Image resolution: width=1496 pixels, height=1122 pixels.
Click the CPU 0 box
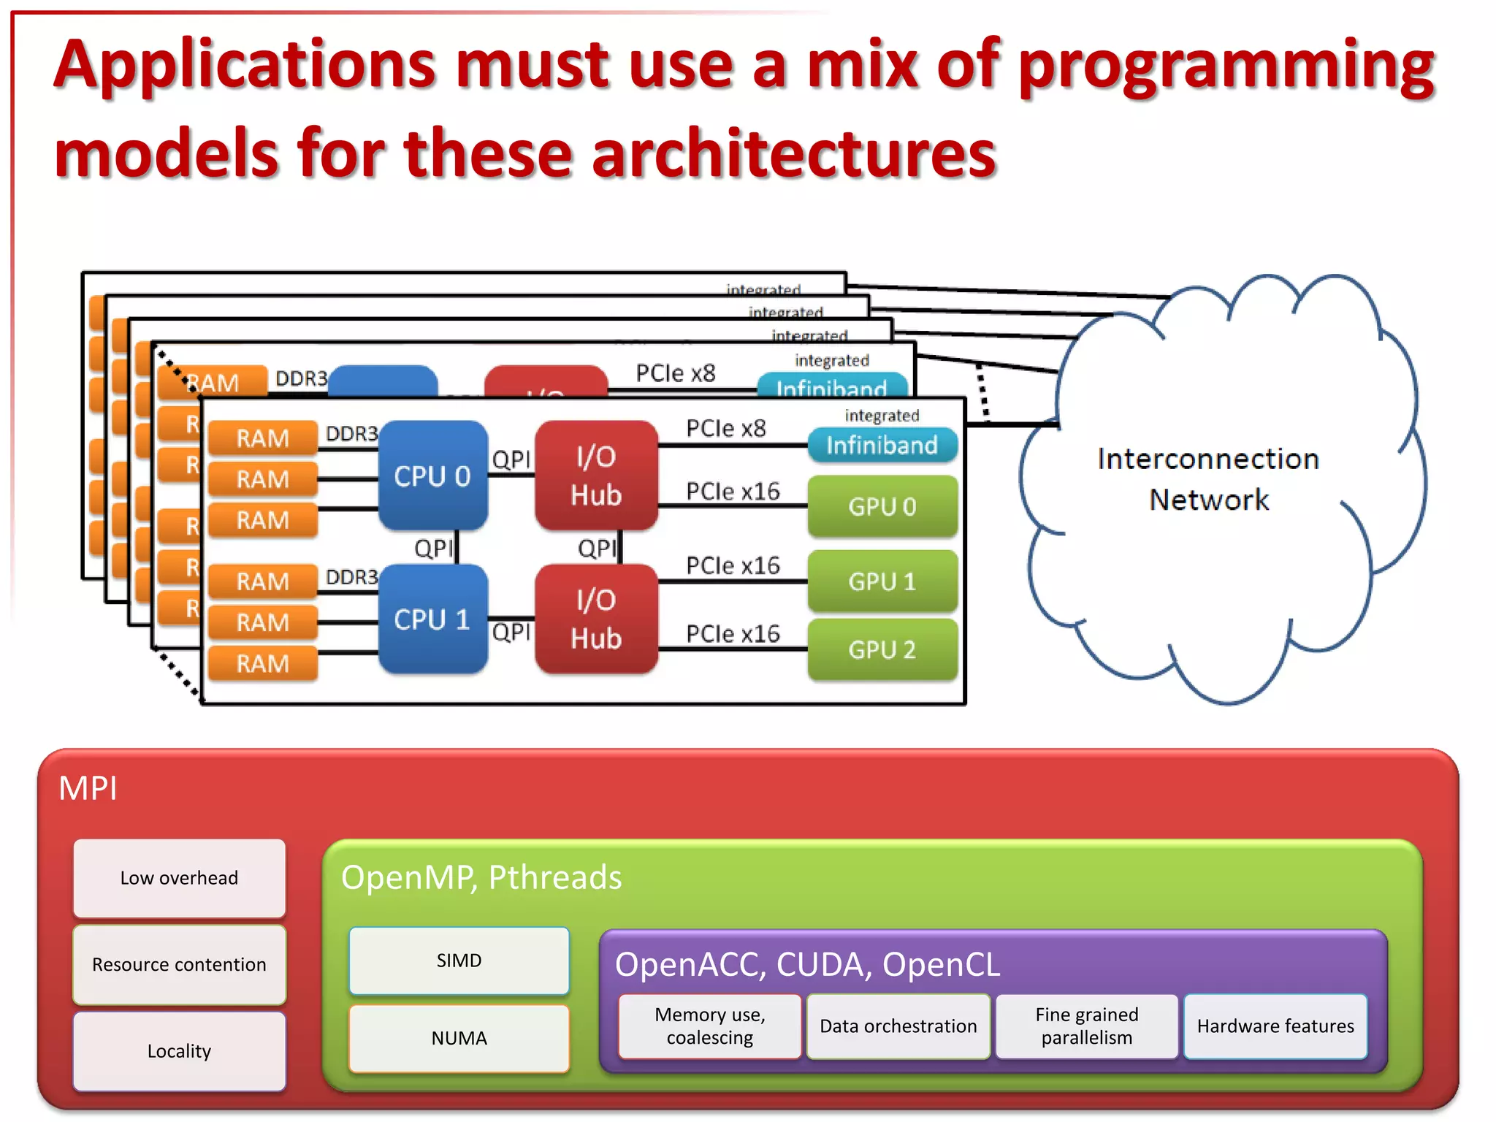[432, 476]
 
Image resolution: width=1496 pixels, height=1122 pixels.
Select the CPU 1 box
[432, 619]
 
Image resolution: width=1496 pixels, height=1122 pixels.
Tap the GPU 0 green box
[882, 505]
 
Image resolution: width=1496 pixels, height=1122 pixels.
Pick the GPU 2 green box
[882, 649]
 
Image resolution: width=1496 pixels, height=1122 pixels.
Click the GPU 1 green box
[882, 581]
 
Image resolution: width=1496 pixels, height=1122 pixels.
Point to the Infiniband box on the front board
[882, 445]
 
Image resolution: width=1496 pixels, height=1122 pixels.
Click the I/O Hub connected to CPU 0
[596, 476]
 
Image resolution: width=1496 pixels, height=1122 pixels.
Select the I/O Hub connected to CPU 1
[596, 619]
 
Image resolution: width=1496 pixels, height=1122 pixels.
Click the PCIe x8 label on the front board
[725, 428]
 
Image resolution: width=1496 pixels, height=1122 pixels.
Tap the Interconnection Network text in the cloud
[1208, 478]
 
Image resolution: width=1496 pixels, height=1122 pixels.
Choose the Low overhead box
[179, 877]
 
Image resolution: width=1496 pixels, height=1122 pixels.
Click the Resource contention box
[179, 964]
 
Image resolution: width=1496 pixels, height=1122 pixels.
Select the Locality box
[179, 1050]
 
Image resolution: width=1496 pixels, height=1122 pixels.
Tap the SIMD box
[459, 960]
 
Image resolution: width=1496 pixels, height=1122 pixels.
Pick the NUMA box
[459, 1037]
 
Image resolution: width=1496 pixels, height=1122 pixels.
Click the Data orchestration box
[898, 1026]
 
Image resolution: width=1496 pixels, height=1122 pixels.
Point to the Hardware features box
[1275, 1026]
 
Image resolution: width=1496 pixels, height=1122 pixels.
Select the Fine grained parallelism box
[1086, 1026]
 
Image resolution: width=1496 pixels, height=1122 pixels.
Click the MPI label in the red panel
[88, 788]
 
